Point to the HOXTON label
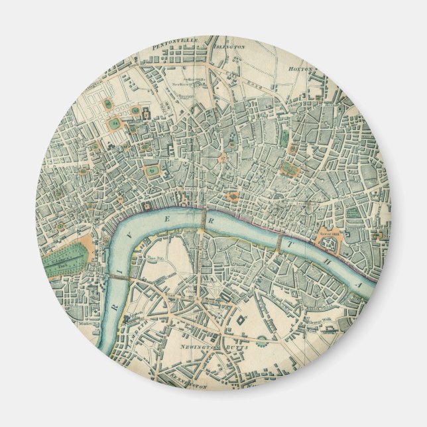pos(300,68)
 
